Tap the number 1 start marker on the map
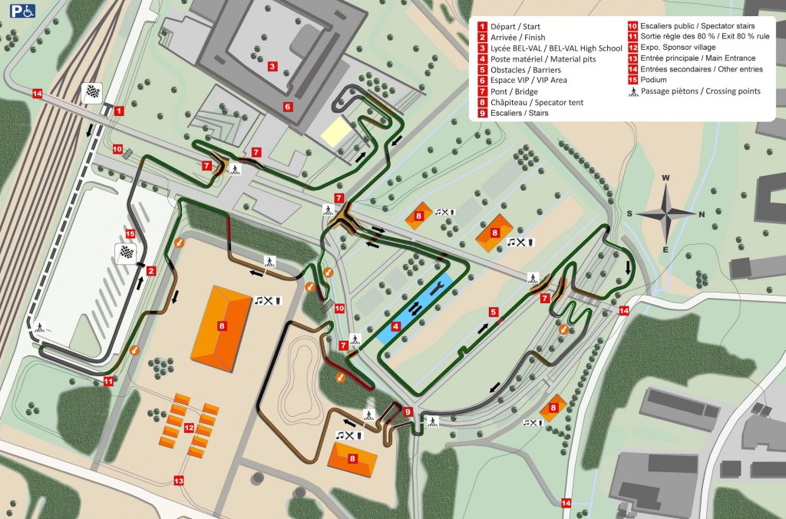(119, 111)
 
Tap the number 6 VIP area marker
(288, 107)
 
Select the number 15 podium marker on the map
(130, 234)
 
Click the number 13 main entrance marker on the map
(179, 481)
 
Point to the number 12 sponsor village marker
(187, 427)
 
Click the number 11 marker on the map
(108, 381)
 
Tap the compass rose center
(665, 213)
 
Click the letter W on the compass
(666, 179)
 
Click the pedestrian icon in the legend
(633, 91)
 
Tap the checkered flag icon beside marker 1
(92, 93)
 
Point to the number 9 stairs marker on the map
(409, 412)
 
